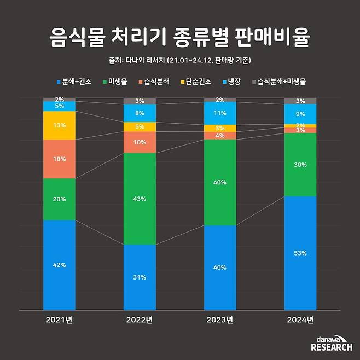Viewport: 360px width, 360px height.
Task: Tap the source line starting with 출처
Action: tap(180, 60)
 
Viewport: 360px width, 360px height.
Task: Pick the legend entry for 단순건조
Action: tap(200, 82)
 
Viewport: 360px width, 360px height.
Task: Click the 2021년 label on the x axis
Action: tap(59, 320)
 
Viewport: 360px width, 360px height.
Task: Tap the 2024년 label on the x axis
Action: tap(300, 320)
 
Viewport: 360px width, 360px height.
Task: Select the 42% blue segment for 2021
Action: tap(59, 265)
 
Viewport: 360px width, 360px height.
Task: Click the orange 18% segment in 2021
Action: tap(59, 159)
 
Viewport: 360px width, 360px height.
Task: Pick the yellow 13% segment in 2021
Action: tap(59, 125)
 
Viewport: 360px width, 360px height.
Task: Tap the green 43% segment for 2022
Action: tap(140, 199)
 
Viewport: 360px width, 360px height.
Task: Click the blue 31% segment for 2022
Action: tap(140, 277)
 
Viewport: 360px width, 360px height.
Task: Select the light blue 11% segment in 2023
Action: tap(220, 114)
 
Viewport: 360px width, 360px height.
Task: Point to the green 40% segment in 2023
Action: tap(220, 182)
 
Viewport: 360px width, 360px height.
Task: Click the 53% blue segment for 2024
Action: tap(300, 253)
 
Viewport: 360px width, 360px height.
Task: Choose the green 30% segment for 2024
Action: tap(300, 165)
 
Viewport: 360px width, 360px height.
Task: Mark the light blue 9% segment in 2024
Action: tap(300, 114)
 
